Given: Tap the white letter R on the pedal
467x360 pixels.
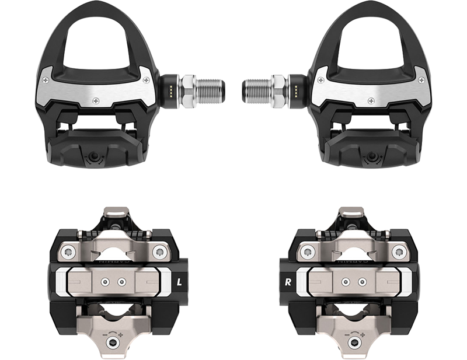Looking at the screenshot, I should pyautogui.click(x=287, y=282).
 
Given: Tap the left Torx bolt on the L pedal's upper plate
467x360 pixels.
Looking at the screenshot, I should pyautogui.click(x=69, y=251).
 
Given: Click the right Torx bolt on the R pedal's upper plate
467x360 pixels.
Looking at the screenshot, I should pyautogui.click(x=398, y=251).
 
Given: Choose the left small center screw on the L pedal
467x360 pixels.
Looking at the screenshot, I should pyautogui.click(x=106, y=282).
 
